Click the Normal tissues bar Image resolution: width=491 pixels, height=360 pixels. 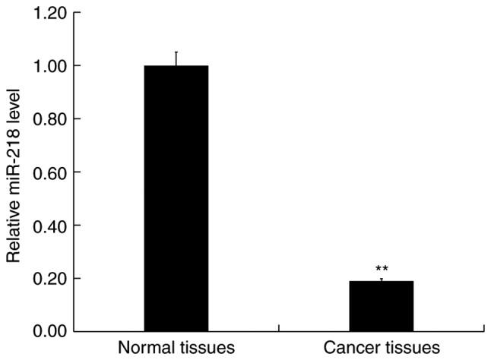(176, 198)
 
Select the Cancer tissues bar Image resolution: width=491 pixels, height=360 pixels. (381, 306)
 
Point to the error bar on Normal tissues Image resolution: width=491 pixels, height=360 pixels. (176, 58)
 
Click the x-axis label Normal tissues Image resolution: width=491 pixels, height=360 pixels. (176, 349)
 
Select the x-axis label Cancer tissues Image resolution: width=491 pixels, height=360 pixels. (382, 349)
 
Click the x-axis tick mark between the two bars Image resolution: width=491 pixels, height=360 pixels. (279, 328)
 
